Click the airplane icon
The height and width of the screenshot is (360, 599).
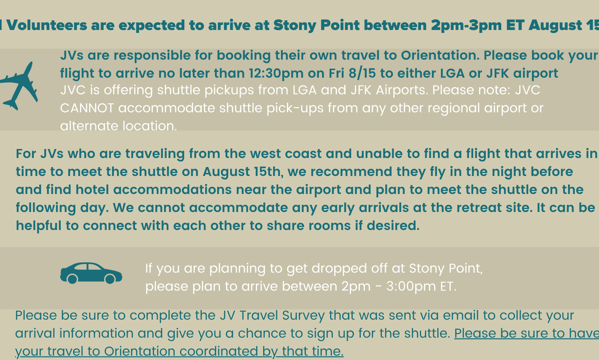(19, 86)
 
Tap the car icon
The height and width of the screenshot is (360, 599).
(91, 273)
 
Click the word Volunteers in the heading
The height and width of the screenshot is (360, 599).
(47, 25)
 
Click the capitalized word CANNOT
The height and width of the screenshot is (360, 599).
(87, 108)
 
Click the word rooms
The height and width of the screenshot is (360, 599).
(330, 226)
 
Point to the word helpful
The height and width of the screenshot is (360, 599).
(39, 226)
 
